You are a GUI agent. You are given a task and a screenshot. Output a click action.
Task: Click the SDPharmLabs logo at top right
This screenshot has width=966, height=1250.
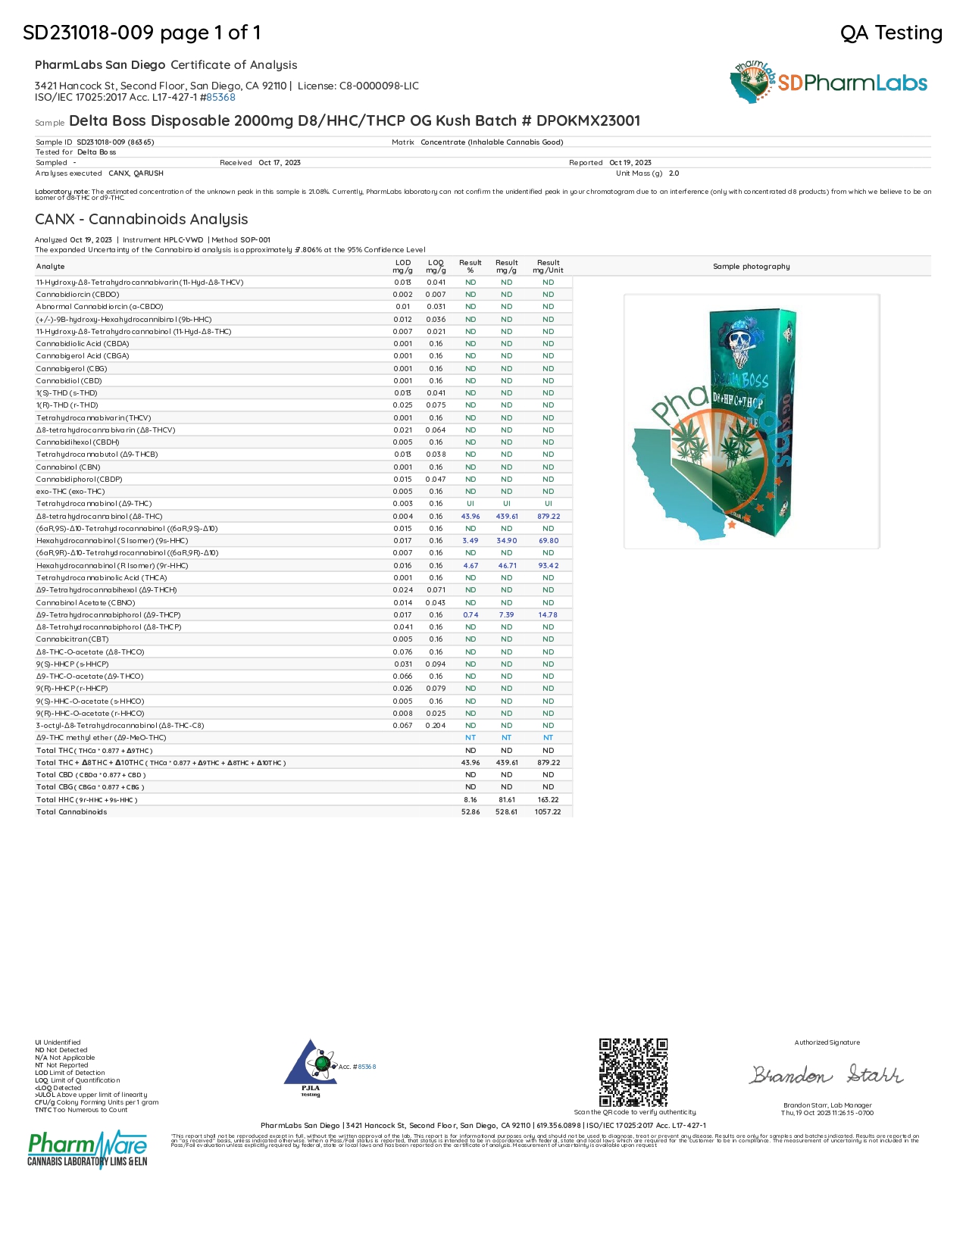[x=829, y=83]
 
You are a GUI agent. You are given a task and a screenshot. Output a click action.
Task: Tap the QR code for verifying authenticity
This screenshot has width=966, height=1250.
[x=633, y=1072]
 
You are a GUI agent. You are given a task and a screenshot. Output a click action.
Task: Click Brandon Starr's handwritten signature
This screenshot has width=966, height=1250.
[x=827, y=1075]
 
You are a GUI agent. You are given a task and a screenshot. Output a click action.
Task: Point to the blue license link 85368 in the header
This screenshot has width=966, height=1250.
[x=220, y=98]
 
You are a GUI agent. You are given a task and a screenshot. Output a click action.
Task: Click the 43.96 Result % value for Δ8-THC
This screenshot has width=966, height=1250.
[x=470, y=517]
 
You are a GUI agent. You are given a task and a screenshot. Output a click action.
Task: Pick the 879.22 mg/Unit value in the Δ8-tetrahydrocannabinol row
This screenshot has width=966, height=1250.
[x=549, y=517]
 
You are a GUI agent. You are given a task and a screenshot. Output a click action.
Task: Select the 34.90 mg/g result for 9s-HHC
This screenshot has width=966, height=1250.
[x=507, y=541]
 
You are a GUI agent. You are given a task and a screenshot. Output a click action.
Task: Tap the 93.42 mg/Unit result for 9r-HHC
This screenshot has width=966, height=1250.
[x=549, y=566]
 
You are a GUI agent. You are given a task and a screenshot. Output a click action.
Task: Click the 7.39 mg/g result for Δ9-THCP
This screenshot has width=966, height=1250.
[x=507, y=615]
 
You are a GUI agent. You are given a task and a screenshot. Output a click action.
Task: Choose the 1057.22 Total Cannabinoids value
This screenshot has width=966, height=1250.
[x=548, y=812]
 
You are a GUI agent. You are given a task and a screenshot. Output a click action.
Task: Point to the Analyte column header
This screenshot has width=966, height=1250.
[x=51, y=267]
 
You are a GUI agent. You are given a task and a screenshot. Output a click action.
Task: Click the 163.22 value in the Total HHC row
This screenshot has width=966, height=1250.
[x=548, y=800]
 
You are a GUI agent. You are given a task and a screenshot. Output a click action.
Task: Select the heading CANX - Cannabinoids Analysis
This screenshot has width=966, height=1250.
[x=142, y=220]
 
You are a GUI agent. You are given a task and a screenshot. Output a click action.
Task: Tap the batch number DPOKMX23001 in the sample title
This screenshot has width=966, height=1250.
[x=588, y=121]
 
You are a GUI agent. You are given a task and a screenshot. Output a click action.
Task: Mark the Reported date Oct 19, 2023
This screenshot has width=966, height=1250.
[x=630, y=163]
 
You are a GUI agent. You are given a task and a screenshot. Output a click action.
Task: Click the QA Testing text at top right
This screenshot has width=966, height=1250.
[x=891, y=33]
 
